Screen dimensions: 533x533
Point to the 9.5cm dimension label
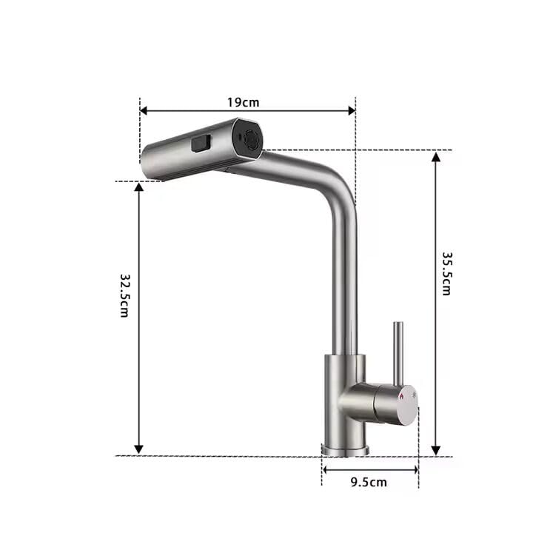[368, 483]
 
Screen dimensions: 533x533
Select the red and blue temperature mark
[401, 398]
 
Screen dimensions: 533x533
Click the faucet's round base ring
[344, 449]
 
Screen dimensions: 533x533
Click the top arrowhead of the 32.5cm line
[138, 187]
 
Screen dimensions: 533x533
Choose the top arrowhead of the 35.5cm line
[436, 158]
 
